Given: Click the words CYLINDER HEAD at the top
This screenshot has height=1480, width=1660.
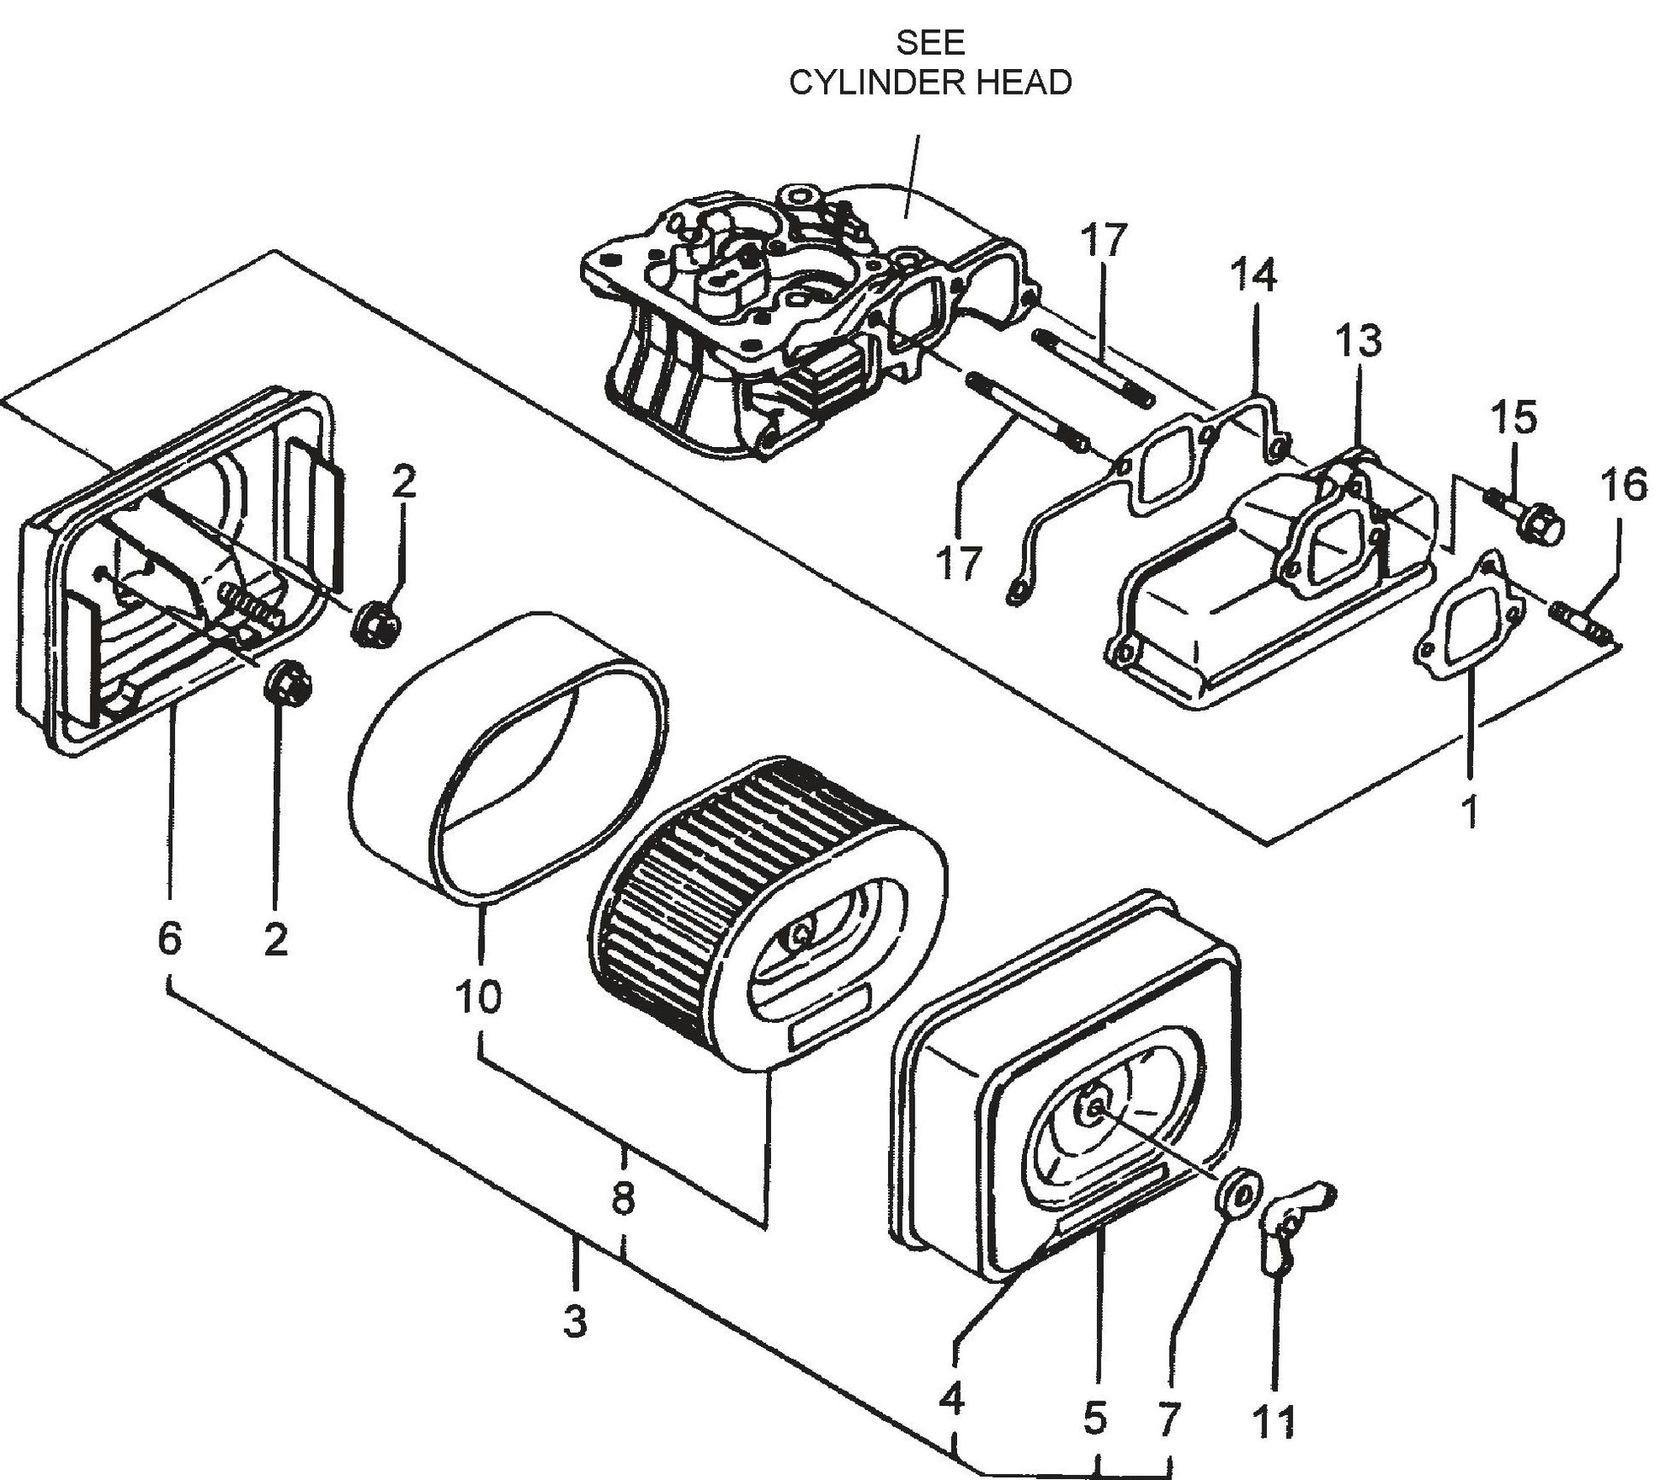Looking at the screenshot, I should click(x=930, y=83).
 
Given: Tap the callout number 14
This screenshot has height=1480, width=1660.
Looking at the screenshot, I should click(x=1253, y=276).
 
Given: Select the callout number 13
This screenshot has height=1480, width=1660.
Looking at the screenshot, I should click(x=1358, y=340).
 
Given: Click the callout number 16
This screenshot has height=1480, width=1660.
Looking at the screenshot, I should click(x=1623, y=486).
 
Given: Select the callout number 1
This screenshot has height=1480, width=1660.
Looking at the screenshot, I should click(x=1469, y=811).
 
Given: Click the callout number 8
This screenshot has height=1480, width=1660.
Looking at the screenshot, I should click(x=624, y=1199).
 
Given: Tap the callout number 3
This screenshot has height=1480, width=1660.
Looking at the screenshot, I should click(x=575, y=1323).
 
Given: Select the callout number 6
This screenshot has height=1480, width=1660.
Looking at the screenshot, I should click(x=169, y=939).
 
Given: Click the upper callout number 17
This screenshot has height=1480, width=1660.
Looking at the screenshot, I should click(x=1102, y=241).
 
